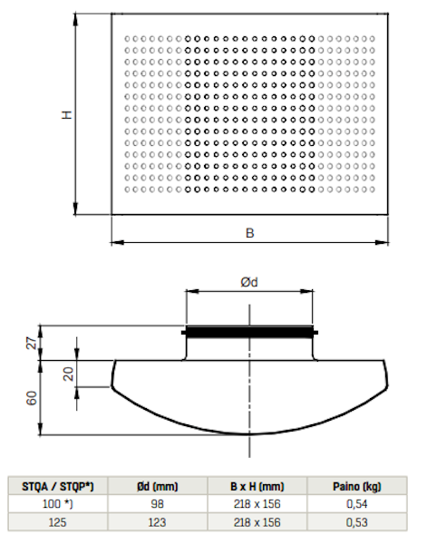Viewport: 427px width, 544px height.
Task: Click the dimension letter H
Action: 66,115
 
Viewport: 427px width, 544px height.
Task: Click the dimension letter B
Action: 249,233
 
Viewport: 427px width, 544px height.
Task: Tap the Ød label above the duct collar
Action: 249,282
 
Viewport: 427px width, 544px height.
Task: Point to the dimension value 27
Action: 32,343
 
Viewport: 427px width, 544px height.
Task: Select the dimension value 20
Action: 69,374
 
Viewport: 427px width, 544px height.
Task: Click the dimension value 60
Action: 32,398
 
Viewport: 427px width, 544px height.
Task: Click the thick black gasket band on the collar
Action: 249,333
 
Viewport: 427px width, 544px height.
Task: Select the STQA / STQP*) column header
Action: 58,486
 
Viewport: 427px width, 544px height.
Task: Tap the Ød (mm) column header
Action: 157,486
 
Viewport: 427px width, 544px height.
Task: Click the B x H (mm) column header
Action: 257,486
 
